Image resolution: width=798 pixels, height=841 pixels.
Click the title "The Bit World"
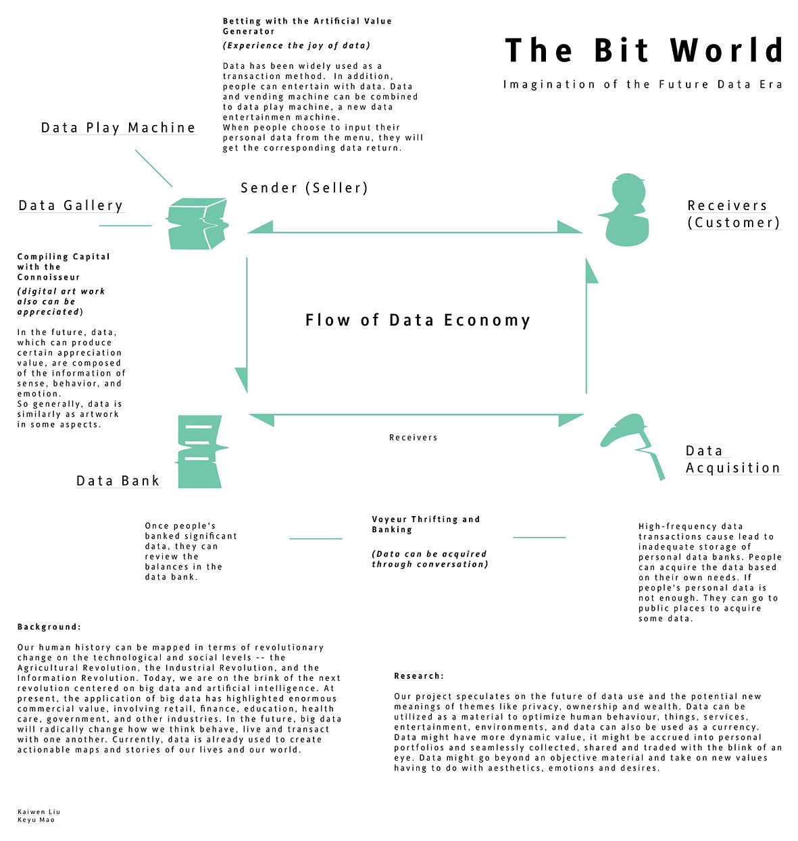[644, 51]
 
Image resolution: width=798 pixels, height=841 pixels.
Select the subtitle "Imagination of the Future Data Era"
[643, 84]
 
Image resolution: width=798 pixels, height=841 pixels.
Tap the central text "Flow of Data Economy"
[418, 320]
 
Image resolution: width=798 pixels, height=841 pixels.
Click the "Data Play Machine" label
[118, 128]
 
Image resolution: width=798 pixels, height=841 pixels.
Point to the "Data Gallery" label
[71, 205]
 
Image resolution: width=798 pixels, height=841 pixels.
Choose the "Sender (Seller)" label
[304, 188]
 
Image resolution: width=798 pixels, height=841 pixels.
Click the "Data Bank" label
[118, 481]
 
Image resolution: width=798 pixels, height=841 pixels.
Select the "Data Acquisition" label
[732, 459]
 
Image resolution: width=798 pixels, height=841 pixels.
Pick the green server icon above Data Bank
[200, 451]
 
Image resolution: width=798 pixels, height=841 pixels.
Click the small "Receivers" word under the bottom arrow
[413, 438]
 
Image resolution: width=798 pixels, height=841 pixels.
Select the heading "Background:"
[49, 627]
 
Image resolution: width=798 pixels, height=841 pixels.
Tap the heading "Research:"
[419, 676]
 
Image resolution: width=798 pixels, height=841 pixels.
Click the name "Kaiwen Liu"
[39, 812]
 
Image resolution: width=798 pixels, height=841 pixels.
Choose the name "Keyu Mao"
[36, 820]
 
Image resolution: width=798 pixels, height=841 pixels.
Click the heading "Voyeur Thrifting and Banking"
[426, 524]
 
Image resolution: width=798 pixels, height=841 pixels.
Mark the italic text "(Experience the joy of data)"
[297, 45]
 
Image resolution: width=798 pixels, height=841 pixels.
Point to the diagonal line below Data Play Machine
[154, 169]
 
